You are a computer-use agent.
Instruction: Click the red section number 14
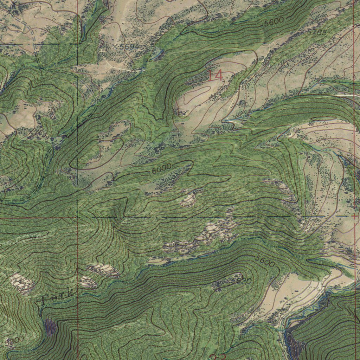pos(215,75)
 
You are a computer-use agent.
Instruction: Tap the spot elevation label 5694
pos(129,46)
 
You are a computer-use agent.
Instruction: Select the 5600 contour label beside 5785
pos(274,22)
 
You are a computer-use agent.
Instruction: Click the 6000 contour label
pos(161,169)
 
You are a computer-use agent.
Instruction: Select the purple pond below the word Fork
pos(50,327)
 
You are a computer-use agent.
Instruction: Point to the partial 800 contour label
pos(16,339)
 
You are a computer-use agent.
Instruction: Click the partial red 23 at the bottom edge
pos(218,357)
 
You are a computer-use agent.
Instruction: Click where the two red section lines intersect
pos(77,218)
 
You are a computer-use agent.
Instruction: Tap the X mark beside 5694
pos(115,46)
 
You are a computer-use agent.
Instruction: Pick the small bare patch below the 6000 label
pos(188,199)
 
